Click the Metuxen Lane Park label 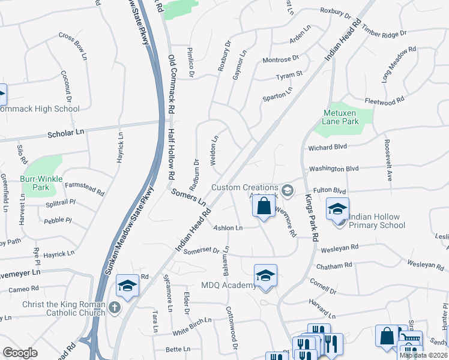click(341, 117)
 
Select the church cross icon click(115, 308)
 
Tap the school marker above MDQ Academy click(265, 275)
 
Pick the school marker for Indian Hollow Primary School click(337, 209)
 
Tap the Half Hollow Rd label click(171, 154)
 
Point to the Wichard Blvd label click(328, 146)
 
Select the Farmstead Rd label click(85, 188)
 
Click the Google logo click(20, 352)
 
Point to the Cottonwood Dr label click(232, 328)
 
